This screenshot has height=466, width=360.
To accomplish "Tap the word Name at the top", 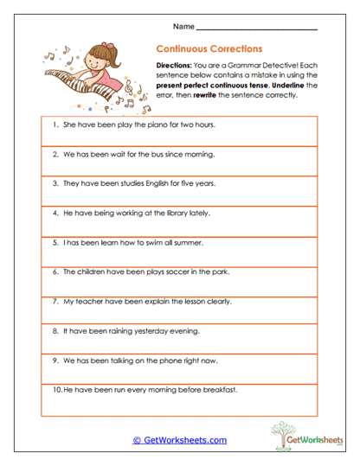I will pos(182,25).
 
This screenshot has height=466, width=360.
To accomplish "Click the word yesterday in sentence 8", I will pos(152,330).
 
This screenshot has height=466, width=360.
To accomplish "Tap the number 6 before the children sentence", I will pos(55,271).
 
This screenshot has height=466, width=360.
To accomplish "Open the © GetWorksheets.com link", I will pos(179,440).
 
